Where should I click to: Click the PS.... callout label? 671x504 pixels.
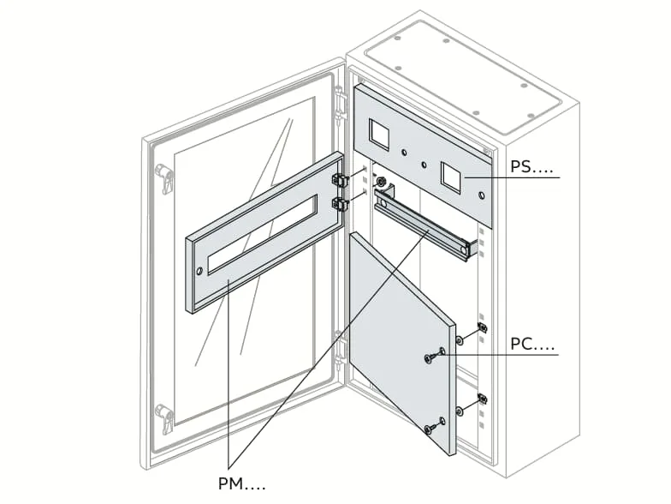(x=531, y=167)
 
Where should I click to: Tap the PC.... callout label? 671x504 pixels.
(x=532, y=345)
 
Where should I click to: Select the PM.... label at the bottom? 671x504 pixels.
(x=241, y=484)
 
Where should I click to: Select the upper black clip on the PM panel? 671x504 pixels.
(x=340, y=181)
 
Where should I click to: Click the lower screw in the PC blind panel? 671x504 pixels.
(x=431, y=428)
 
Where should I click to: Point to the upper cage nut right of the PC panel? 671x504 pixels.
(x=482, y=328)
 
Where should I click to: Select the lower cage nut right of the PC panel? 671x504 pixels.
(x=482, y=399)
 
